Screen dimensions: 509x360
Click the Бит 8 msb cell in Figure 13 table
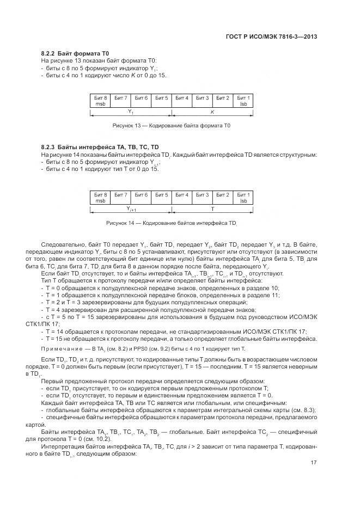101,101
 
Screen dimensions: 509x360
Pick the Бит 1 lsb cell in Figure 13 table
243,101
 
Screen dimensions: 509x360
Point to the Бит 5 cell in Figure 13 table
162,98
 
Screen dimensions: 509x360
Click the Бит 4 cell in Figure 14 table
182,195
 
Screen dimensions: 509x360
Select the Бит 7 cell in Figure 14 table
121,195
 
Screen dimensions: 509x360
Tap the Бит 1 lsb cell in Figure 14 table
243,198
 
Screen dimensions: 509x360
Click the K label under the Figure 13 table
212,111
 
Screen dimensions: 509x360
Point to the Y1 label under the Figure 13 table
131,112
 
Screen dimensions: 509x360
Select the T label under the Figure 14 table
212,208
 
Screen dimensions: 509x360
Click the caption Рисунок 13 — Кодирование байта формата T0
172,126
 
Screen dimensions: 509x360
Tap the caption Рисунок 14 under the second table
172,223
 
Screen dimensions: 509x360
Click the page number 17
314,463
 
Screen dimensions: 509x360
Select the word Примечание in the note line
60,348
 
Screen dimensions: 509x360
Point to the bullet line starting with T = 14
180,331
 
